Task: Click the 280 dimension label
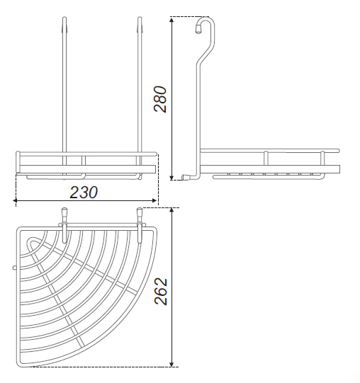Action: (160, 99)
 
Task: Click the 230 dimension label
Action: (84, 193)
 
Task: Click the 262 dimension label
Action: (161, 291)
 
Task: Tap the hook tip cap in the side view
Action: (198, 30)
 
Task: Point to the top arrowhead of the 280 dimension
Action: (172, 20)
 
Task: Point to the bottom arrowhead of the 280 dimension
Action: (172, 177)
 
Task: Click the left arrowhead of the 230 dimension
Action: (16, 200)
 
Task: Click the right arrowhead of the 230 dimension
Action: (154, 200)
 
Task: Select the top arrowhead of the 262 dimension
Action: (172, 211)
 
